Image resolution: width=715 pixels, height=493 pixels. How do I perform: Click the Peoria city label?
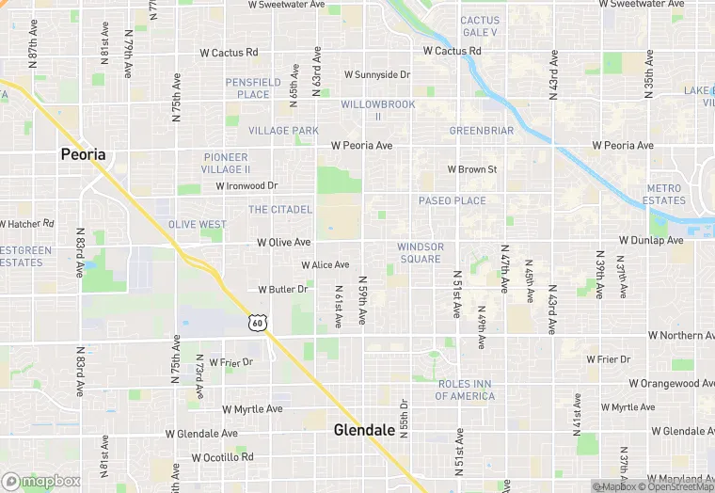(83, 154)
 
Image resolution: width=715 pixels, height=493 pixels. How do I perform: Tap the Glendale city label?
(364, 430)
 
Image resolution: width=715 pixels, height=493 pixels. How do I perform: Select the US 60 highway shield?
(258, 323)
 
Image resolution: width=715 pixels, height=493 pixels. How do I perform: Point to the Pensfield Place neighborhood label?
(253, 88)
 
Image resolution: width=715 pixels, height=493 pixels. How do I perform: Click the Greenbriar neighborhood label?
(482, 131)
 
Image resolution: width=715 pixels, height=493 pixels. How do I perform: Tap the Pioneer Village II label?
(226, 164)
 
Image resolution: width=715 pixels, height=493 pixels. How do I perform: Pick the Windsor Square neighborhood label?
(420, 253)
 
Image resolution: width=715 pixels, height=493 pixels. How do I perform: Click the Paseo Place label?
(453, 200)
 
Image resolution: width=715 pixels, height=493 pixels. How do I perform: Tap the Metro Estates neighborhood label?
(665, 195)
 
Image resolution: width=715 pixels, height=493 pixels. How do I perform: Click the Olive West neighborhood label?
(198, 225)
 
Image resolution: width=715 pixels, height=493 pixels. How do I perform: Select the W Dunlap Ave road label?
(651, 241)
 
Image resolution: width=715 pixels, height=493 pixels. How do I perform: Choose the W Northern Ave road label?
(682, 336)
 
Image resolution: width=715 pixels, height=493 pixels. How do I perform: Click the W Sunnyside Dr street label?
(377, 74)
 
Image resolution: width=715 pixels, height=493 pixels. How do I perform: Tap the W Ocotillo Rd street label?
(223, 457)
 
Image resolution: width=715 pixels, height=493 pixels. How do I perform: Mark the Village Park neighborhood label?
(284, 131)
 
